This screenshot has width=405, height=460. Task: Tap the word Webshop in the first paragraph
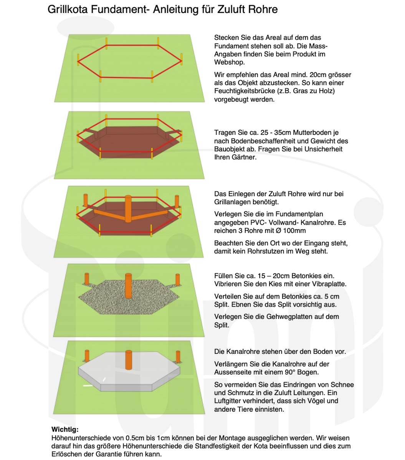tap(229, 62)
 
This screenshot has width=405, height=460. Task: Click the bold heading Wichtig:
tap(65, 429)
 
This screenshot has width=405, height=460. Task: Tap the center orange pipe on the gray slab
tap(129, 360)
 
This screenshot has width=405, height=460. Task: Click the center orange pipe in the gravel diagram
tap(129, 286)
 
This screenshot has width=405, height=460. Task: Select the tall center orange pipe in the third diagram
tap(128, 209)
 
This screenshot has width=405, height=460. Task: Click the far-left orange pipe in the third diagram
tap(86, 200)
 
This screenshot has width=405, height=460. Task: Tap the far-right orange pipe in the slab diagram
tap(178, 357)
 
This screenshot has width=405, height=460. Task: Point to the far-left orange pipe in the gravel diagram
tap(87, 279)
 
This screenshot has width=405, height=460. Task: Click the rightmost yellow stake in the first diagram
tap(182, 59)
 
